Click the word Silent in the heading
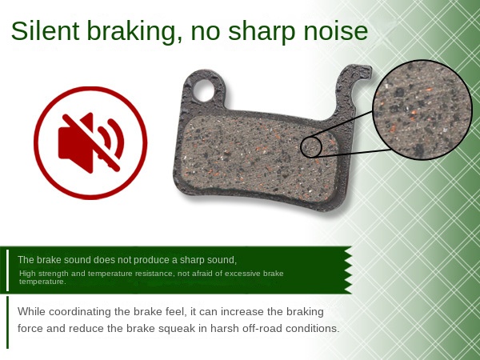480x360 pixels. click(45, 30)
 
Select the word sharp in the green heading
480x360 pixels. click(262, 33)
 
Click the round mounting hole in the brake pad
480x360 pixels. click(203, 90)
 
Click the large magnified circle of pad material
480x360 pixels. click(422, 110)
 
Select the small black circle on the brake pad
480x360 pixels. click(311, 147)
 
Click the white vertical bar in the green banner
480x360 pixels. click(8, 270)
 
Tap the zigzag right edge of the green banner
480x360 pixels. click(348, 270)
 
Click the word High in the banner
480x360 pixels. click(27, 274)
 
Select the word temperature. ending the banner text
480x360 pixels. click(42, 282)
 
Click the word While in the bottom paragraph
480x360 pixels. click(31, 312)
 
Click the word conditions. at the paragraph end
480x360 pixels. click(313, 329)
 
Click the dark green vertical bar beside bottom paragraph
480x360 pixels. click(8, 322)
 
